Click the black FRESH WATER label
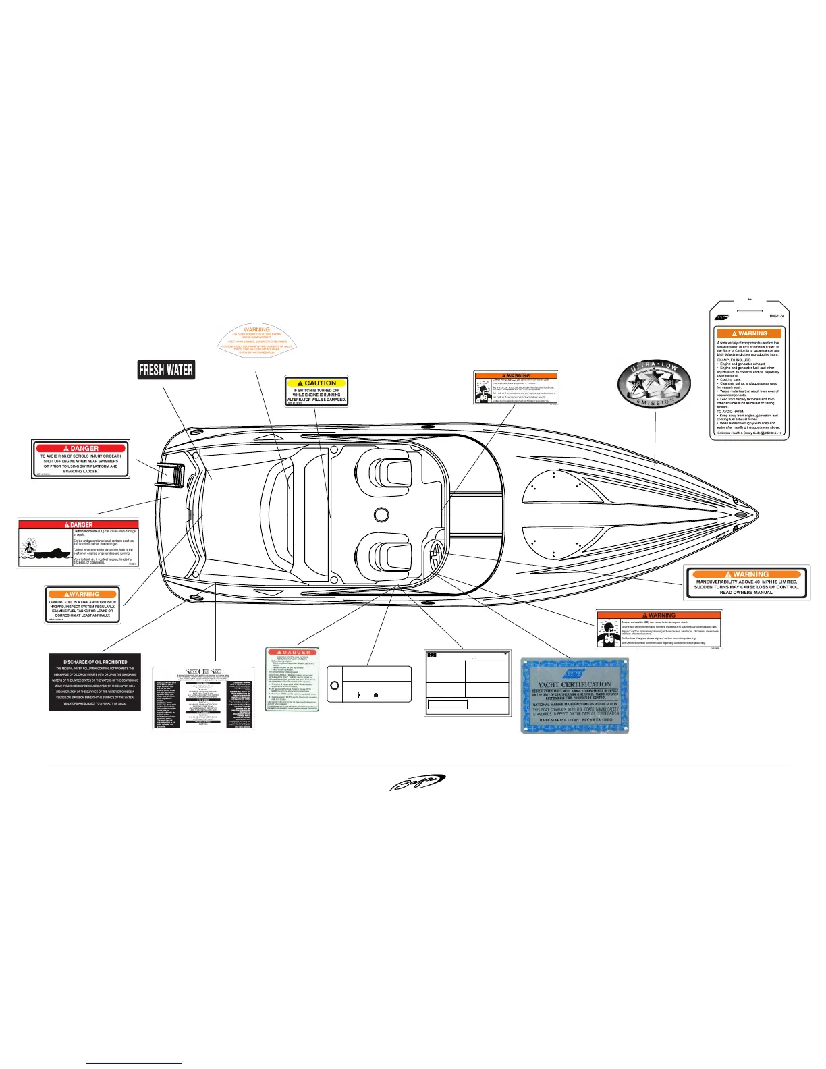click(166, 370)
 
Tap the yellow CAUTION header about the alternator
click(316, 383)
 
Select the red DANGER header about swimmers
click(81, 448)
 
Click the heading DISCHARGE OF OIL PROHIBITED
click(95, 662)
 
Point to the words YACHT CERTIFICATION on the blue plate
click(575, 684)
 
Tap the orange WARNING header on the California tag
click(749, 333)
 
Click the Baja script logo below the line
click(417, 783)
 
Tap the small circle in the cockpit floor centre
click(381, 515)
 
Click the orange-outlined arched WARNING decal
click(257, 339)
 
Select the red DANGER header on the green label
click(292, 653)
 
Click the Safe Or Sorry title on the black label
click(203, 671)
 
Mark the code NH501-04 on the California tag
click(777, 316)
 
